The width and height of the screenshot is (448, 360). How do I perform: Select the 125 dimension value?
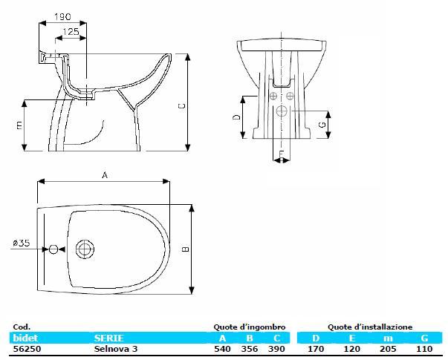point(72,31)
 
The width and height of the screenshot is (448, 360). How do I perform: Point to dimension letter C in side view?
point(181,105)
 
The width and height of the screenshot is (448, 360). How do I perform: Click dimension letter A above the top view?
point(105,175)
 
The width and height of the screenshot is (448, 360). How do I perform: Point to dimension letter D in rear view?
point(236,117)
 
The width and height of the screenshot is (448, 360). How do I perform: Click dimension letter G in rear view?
point(322,125)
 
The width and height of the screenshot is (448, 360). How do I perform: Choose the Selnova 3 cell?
point(116,349)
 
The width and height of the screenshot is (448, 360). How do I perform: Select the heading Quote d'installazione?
point(370,327)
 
